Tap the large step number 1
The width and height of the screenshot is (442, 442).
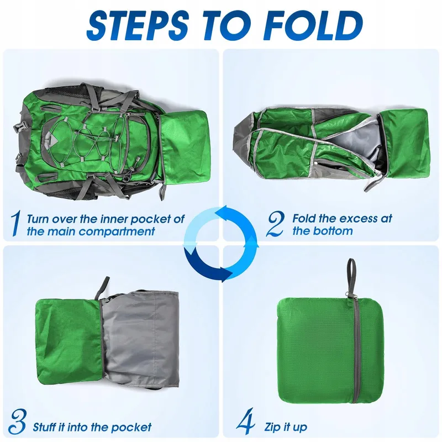click(16, 224)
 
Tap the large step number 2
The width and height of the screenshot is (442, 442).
click(275, 224)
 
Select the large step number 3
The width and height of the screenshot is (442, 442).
click(18, 422)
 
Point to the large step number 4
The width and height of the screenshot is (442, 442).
click(246, 422)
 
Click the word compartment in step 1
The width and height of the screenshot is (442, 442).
click(117, 231)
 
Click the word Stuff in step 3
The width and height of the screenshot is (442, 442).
click(44, 427)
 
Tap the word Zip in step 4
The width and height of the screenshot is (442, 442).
click(272, 427)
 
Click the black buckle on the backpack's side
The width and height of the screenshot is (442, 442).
click(19, 127)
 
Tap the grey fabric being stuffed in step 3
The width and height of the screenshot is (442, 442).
click(140, 338)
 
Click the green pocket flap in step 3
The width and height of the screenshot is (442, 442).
click(69, 341)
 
